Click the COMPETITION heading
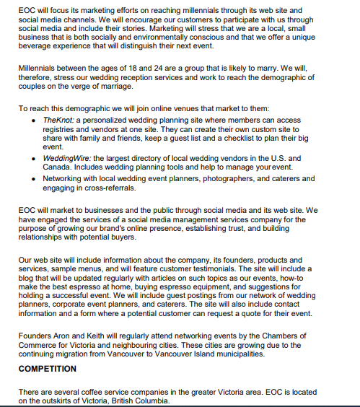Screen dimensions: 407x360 48,369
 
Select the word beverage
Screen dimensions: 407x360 40,46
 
